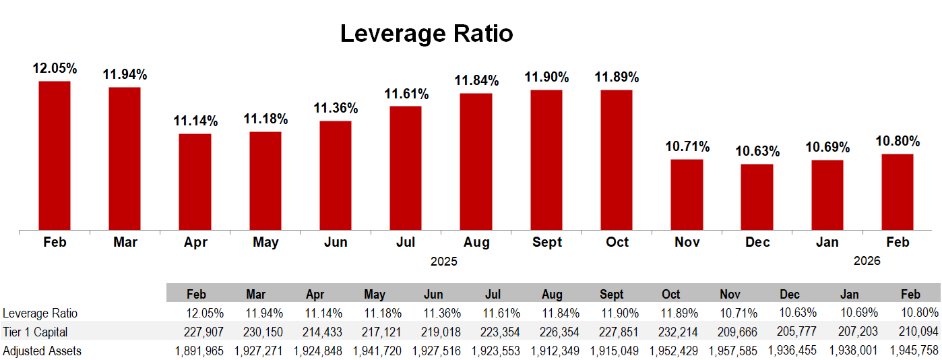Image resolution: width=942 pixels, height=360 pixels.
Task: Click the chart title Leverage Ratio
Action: pos(426,33)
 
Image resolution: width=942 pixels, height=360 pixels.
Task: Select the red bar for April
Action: pos(195,182)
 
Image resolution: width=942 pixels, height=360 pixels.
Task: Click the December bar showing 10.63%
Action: pos(757,197)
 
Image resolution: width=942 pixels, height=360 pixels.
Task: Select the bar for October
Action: pos(617,160)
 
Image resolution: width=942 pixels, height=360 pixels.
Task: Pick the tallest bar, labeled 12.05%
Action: pos(55,156)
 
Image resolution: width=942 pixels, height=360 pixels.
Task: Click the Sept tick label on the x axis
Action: pos(546,243)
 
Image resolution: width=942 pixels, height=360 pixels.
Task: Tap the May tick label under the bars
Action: pos(265,243)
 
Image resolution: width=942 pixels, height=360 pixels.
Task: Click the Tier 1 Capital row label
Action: pos(35,332)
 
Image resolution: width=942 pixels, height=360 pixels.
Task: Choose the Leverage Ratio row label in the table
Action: pos(40,313)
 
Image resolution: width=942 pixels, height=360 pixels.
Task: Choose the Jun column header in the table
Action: pos(433,295)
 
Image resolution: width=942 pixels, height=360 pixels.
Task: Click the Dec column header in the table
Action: pos(790,295)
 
